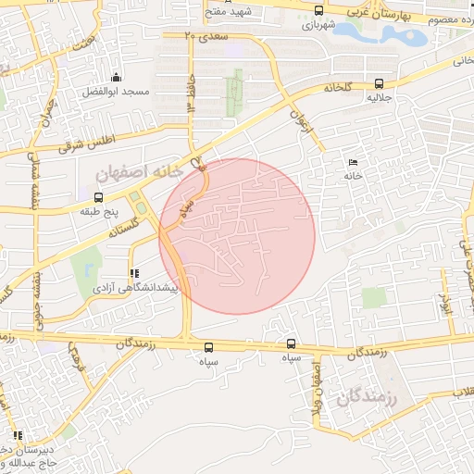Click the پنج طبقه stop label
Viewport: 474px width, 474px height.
click(98, 212)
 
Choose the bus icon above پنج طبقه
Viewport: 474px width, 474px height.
click(98, 197)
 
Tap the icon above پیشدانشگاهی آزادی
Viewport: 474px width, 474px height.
click(134, 274)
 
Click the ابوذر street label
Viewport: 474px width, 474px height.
click(445, 306)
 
